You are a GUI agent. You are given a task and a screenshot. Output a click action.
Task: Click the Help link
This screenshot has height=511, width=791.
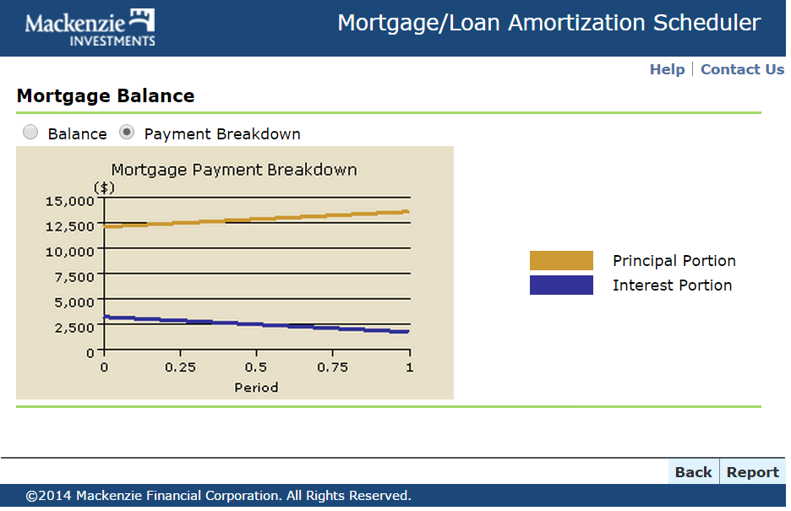click(667, 69)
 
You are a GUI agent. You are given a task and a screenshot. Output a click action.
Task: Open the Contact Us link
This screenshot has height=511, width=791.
click(742, 69)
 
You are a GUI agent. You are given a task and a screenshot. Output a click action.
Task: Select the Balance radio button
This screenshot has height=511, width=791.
click(30, 132)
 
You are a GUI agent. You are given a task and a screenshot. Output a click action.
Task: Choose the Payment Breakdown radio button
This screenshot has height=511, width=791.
click(127, 132)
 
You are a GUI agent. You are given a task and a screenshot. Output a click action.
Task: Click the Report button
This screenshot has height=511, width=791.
click(753, 472)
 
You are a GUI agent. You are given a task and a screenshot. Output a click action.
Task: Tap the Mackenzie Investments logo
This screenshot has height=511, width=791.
click(90, 28)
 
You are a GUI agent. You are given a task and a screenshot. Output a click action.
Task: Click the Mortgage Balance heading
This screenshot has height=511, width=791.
click(106, 95)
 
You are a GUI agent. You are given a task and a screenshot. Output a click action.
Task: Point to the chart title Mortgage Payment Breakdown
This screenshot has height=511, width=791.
click(234, 170)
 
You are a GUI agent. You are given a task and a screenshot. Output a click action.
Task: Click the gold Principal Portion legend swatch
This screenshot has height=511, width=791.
click(561, 260)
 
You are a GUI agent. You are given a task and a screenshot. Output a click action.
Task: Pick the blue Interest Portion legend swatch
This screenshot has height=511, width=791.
click(561, 285)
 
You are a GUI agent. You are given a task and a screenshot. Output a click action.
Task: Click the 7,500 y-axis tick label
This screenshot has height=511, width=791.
click(74, 277)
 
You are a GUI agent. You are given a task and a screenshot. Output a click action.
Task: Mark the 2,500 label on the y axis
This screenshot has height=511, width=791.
click(74, 328)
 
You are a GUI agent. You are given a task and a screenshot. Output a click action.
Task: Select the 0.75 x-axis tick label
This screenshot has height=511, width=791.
click(332, 367)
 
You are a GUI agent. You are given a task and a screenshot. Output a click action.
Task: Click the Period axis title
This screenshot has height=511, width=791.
click(256, 388)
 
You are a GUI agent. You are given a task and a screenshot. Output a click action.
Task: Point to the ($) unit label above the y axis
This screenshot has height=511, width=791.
click(105, 188)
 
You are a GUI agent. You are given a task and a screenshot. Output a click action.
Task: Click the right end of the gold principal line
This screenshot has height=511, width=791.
click(408, 212)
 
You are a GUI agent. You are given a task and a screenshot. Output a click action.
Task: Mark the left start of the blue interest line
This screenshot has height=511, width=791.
click(104, 317)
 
